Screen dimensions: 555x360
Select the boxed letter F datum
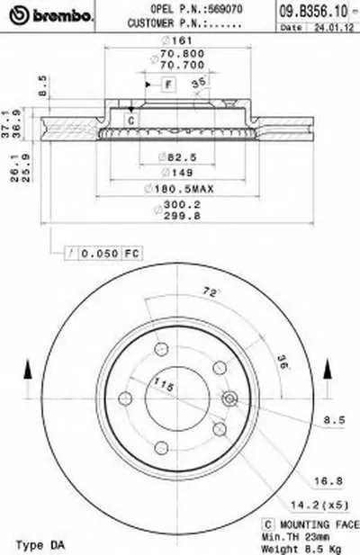click(166, 84)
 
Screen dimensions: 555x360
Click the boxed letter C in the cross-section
click(130, 120)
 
